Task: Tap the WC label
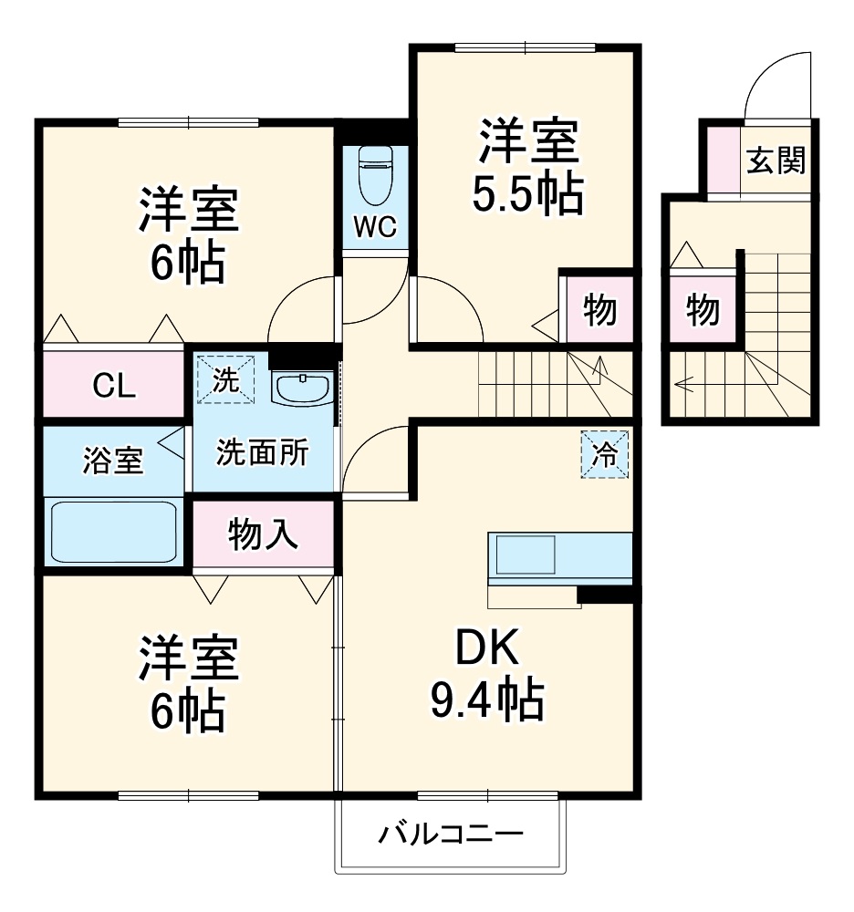pos(375,228)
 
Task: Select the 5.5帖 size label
pos(527,192)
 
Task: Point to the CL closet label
pos(114,386)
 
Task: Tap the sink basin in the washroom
pos(302,389)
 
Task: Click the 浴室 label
pos(112,461)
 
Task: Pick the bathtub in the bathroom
pos(113,531)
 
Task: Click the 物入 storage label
pos(263,533)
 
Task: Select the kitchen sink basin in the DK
pos(525,554)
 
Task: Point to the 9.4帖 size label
pos(486,700)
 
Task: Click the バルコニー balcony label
pos(452,834)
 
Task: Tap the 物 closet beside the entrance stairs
pos(703,310)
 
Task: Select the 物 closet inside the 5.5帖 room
pos(599,310)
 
